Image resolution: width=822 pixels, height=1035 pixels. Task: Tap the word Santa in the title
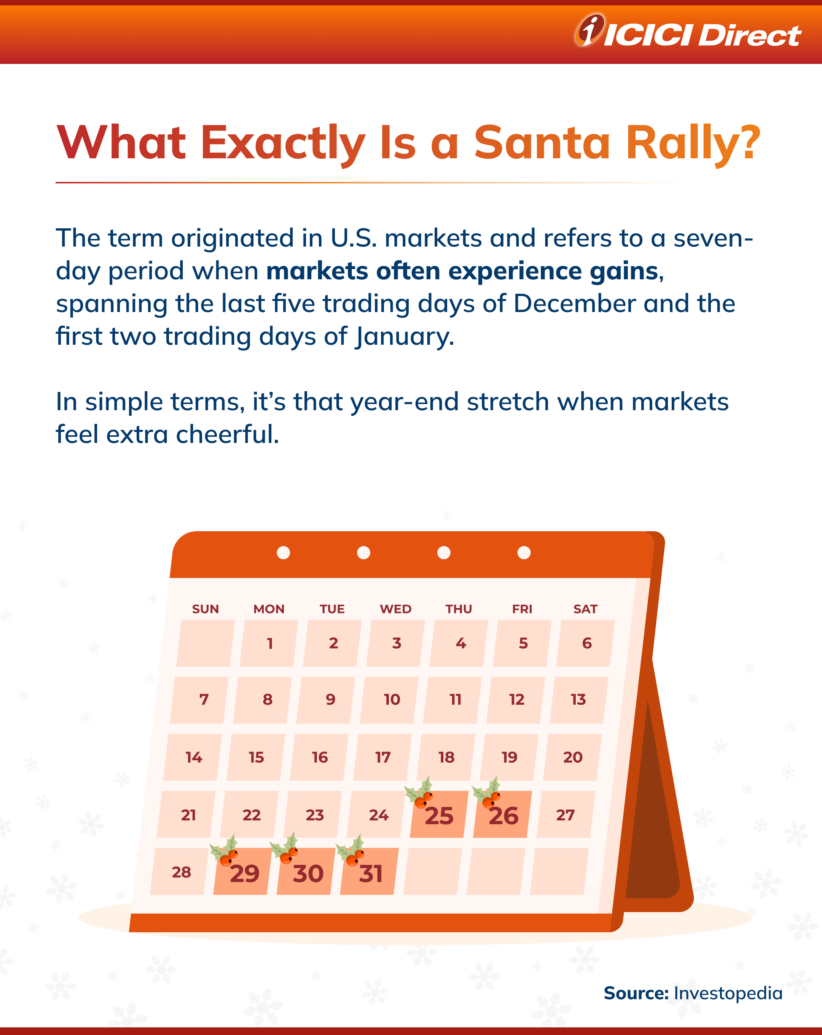point(542,143)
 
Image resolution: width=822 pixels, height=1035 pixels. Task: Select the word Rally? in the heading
point(693,143)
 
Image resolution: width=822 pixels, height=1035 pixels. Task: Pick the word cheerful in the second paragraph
point(227,435)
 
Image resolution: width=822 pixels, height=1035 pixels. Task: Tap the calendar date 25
point(439,815)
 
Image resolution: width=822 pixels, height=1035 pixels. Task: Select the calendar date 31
point(371,873)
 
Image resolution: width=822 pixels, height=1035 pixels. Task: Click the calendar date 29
point(244,873)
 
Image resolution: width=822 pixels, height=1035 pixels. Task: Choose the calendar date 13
point(578,699)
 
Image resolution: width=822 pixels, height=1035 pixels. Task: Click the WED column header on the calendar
point(396,609)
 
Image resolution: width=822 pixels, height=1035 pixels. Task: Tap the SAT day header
point(585,609)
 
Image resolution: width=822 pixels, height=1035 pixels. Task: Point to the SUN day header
point(205,609)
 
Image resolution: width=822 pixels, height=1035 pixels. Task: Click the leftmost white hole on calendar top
point(283,553)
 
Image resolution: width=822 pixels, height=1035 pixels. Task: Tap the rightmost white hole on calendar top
point(524,553)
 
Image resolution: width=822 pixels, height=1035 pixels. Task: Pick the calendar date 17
point(383,758)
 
